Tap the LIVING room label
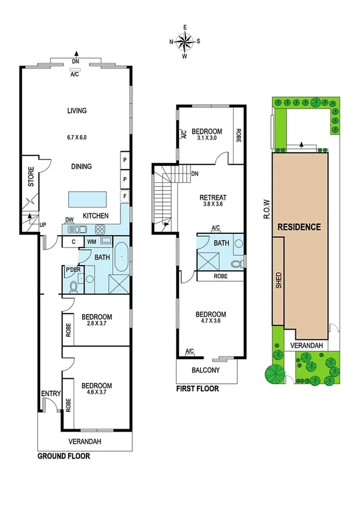pyautogui.click(x=77, y=110)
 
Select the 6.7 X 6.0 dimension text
pyautogui.click(x=77, y=137)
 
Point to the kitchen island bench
pyautogui.click(x=87, y=198)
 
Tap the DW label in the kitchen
pyautogui.click(x=69, y=219)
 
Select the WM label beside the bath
pyautogui.click(x=92, y=241)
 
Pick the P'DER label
pyautogui.click(x=73, y=270)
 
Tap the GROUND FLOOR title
pyautogui.click(x=63, y=456)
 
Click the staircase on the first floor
pyautogui.click(x=163, y=198)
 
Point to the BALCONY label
pyautogui.click(x=205, y=370)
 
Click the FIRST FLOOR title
pyautogui.click(x=197, y=388)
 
